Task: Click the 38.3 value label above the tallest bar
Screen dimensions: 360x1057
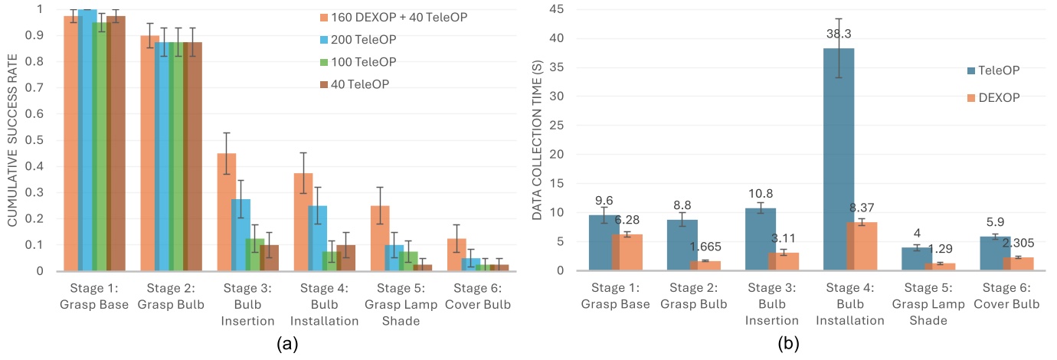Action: point(839,34)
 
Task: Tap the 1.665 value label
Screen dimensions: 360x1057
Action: point(706,245)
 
